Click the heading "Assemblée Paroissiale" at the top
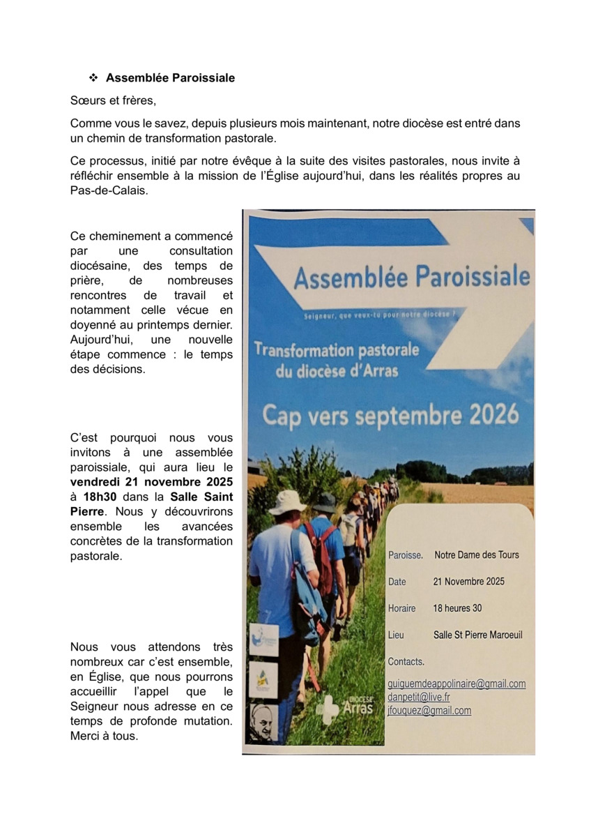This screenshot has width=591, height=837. [x=170, y=78]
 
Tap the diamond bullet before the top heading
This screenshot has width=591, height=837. [x=93, y=78]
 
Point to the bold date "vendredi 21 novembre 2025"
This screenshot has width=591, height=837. [x=151, y=482]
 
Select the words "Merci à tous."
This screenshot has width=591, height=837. [x=104, y=736]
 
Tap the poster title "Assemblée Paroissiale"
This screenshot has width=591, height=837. [x=411, y=277]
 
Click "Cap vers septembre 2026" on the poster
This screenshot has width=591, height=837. [x=390, y=414]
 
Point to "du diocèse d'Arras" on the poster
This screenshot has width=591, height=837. [x=337, y=371]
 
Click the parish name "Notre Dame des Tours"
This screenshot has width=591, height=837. [x=476, y=555]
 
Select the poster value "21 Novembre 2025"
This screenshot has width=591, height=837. [x=468, y=582]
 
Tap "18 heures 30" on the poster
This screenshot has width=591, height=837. [x=457, y=608]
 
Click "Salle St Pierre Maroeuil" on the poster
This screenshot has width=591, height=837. [x=477, y=635]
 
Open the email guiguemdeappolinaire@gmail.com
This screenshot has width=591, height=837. [x=456, y=684]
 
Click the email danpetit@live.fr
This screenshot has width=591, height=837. [x=419, y=697]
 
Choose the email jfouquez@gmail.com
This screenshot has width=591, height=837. [x=429, y=711]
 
